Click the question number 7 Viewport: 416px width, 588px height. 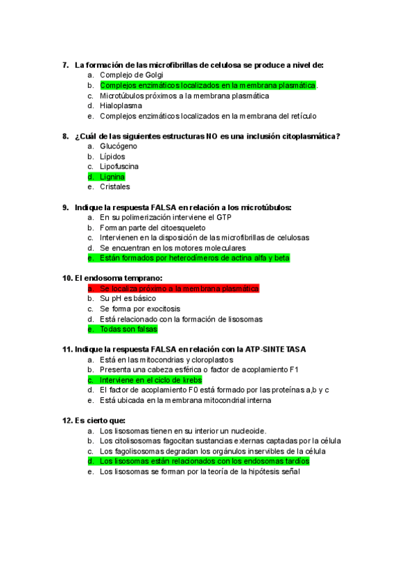tap(65, 64)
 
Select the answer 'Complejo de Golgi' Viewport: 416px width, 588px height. tap(130, 75)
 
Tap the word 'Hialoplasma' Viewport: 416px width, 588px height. tap(121, 106)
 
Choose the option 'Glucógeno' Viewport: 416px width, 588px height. tap(119, 146)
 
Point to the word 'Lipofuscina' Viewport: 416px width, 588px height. tap(119, 166)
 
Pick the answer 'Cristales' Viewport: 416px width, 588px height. tap(115, 187)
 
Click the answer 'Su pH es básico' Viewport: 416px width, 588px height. tap(128, 298)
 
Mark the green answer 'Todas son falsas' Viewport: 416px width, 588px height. tap(128, 329)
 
